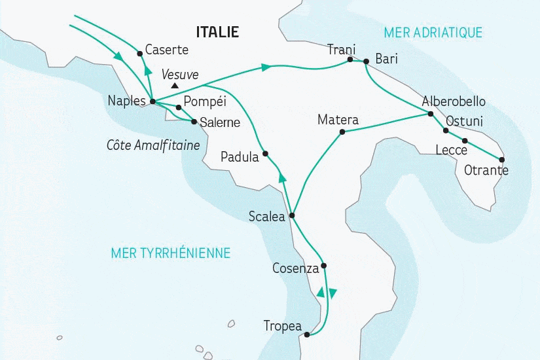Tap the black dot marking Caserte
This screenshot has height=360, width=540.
(x=139, y=54)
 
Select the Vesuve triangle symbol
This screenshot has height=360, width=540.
(x=174, y=85)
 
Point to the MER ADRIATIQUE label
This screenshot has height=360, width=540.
(x=433, y=32)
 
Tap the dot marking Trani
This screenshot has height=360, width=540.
(x=350, y=60)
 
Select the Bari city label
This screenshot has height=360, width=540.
(x=386, y=59)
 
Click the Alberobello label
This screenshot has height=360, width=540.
(x=454, y=101)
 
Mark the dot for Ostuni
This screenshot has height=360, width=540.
(x=446, y=130)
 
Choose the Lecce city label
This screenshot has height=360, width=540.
(x=451, y=150)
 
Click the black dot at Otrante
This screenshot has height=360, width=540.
(x=502, y=160)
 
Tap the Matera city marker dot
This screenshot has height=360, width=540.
(x=342, y=132)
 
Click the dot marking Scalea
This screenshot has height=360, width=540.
(x=292, y=216)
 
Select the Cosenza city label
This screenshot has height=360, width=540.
(x=295, y=268)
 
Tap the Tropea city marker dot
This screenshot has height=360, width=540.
(x=306, y=336)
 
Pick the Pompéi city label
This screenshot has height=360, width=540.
(x=205, y=101)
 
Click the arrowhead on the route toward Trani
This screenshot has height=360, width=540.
(x=265, y=67)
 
